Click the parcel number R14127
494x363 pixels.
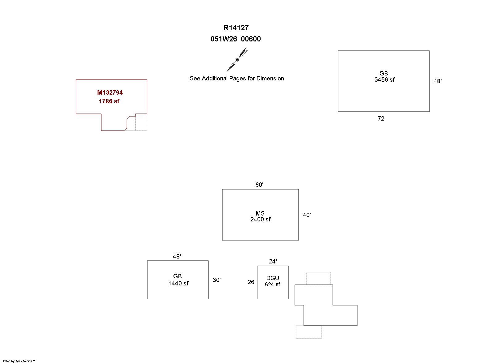[236, 28]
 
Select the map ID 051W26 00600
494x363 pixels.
[236, 39]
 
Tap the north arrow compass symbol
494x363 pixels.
[237, 60]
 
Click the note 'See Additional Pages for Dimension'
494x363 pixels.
[237, 79]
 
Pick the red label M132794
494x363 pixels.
[110, 92]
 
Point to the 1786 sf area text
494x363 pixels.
[109, 101]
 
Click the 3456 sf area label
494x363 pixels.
[384, 79]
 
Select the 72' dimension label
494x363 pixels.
[382, 118]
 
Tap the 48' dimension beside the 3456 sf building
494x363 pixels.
[437, 81]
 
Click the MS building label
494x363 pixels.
[260, 213]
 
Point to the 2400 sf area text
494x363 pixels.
[260, 219]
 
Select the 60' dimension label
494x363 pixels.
[259, 185]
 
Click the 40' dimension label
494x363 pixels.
[307, 215]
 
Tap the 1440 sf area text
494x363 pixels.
[178, 283]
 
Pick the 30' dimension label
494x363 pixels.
[216, 280]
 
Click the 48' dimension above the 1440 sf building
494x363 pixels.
[177, 256]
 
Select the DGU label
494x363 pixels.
[273, 278]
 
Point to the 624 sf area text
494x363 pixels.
[272, 284]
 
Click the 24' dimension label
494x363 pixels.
[273, 261]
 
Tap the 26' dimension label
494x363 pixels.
[251, 282]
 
